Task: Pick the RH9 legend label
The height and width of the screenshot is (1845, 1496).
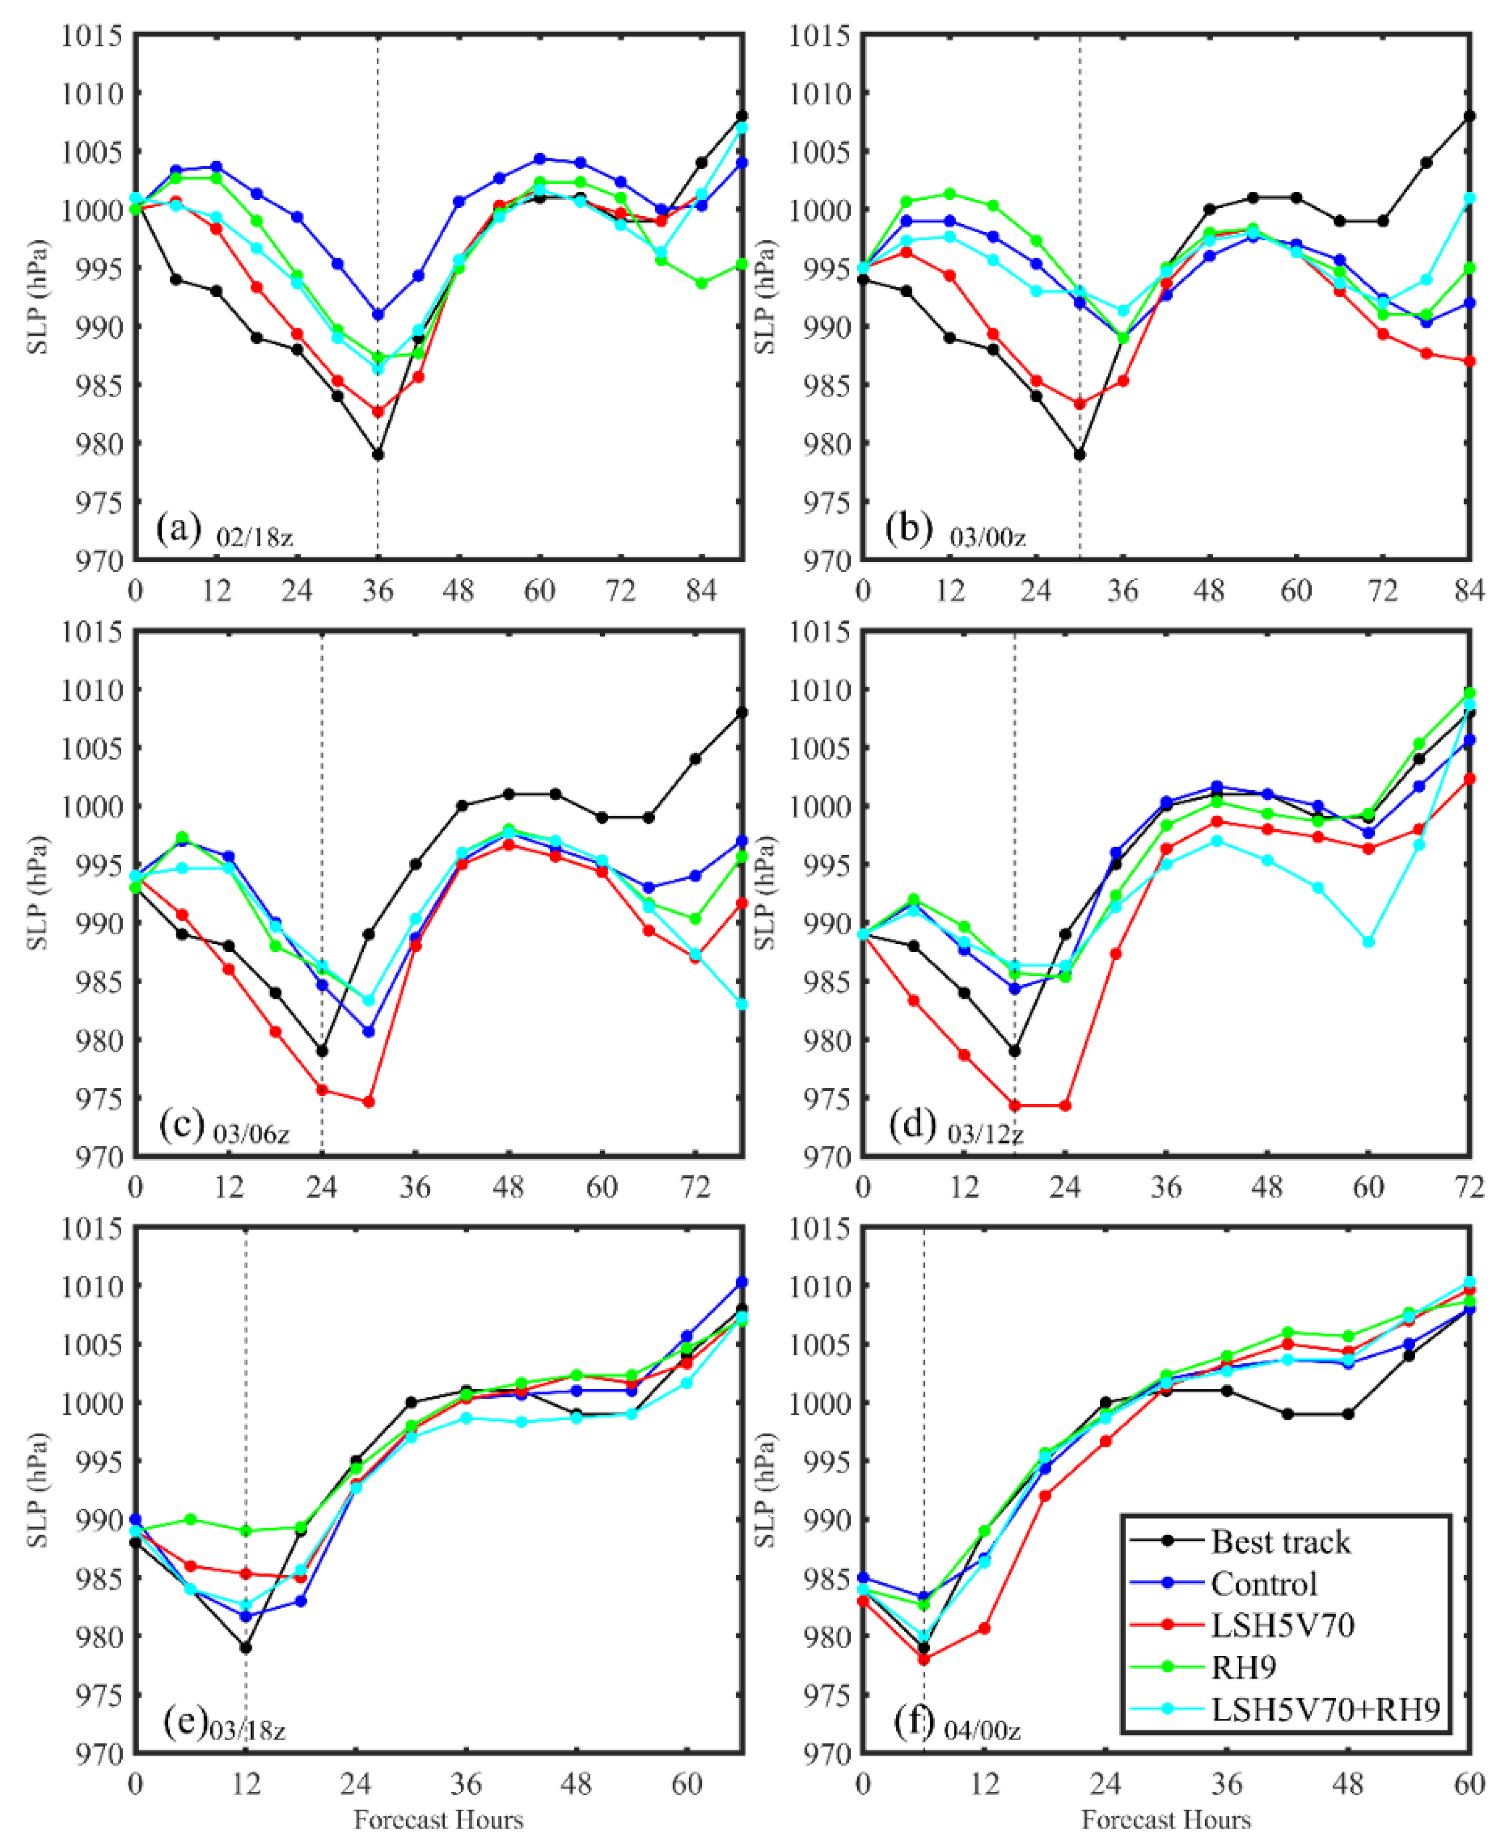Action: click(x=1243, y=1667)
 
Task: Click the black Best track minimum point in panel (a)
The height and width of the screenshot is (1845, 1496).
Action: click(x=377, y=454)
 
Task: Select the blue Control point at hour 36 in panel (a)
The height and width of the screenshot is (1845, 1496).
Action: click(x=377, y=314)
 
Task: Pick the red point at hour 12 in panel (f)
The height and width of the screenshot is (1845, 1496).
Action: click(x=984, y=1628)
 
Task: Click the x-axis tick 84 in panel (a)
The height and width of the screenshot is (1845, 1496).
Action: click(x=701, y=591)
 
